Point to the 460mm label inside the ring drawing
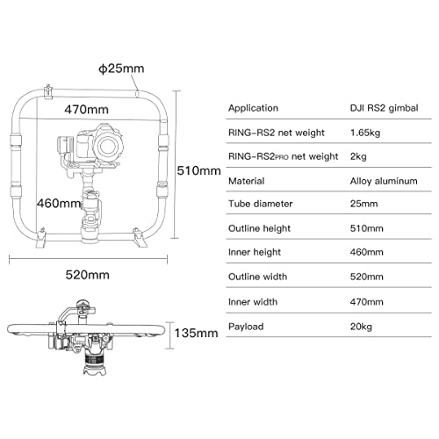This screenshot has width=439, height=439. click(x=56, y=203)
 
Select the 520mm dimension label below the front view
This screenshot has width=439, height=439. click(x=90, y=275)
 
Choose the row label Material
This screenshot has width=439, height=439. click(x=247, y=181)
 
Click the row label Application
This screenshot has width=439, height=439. click(x=255, y=109)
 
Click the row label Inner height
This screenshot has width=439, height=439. click(x=256, y=252)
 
